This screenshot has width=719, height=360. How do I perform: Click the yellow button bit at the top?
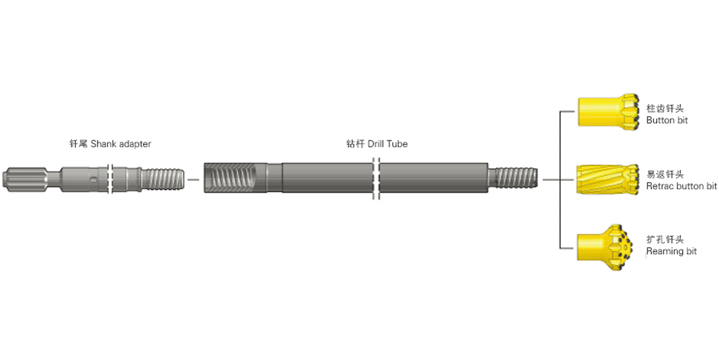coord(608,111)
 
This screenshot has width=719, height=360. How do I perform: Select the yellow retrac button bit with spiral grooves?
coord(608,179)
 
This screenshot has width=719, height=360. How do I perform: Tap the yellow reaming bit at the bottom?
coord(605,244)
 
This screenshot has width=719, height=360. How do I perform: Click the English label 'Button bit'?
coord(667,120)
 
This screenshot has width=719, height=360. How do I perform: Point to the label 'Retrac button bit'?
coord(681,186)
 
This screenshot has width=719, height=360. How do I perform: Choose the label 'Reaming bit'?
coord(672,252)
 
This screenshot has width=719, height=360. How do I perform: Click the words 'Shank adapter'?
coord(121,144)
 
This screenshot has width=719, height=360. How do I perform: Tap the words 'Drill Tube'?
coord(387,144)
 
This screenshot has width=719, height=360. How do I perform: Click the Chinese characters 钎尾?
coord(79,144)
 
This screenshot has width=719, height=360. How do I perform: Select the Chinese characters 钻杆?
coord(356,144)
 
